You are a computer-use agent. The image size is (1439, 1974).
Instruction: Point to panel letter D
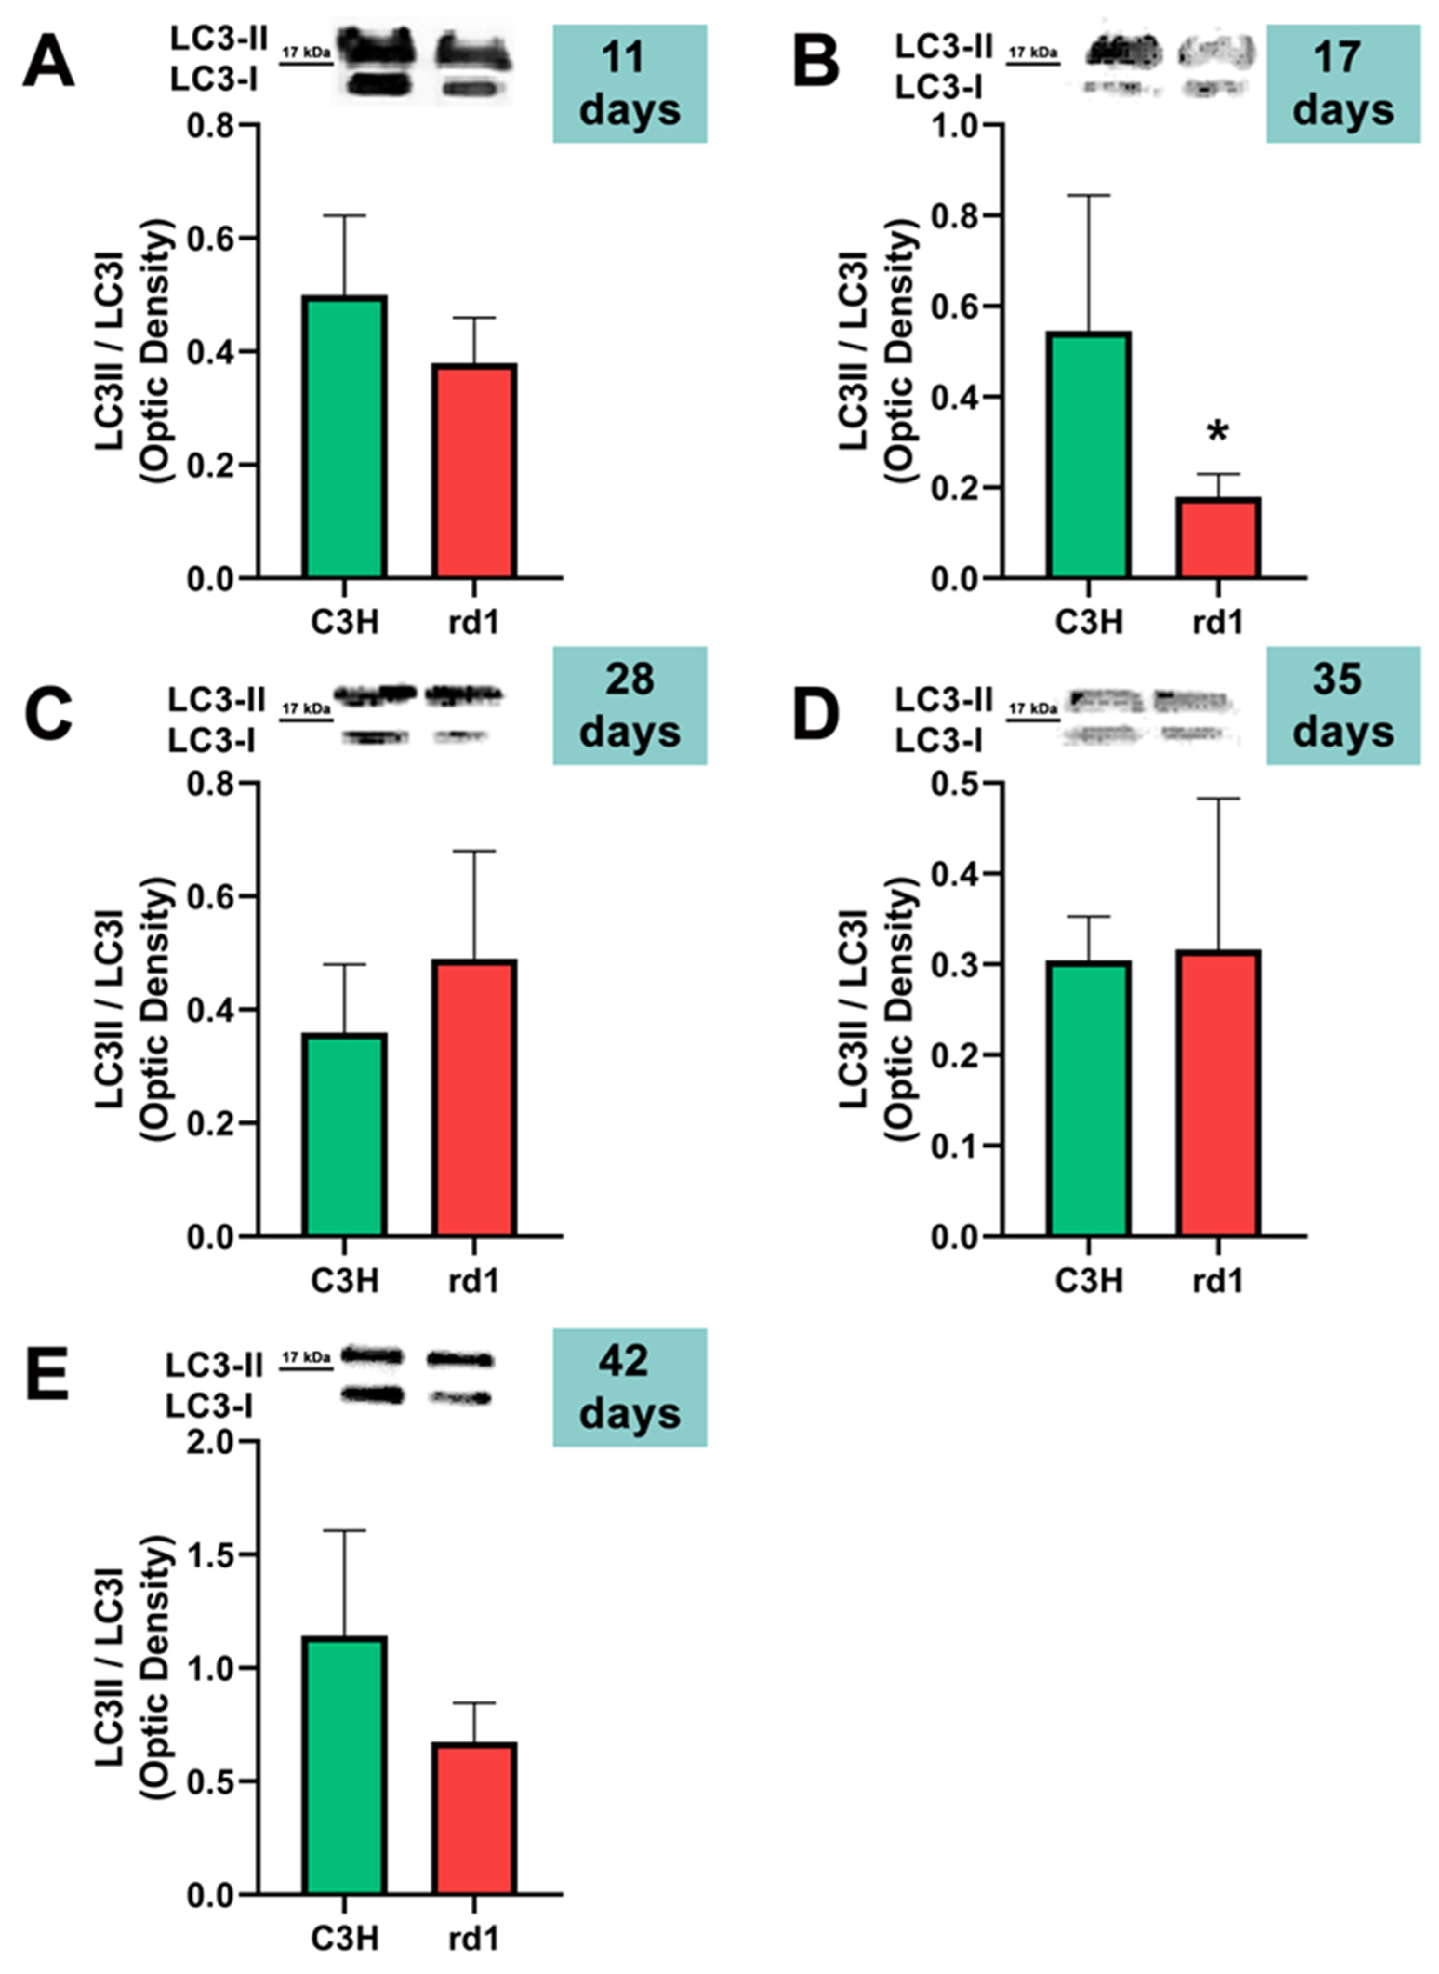(x=816, y=712)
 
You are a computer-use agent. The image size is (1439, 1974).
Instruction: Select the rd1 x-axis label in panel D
(x=1218, y=1280)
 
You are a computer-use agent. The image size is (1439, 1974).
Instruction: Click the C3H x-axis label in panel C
(x=345, y=1280)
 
